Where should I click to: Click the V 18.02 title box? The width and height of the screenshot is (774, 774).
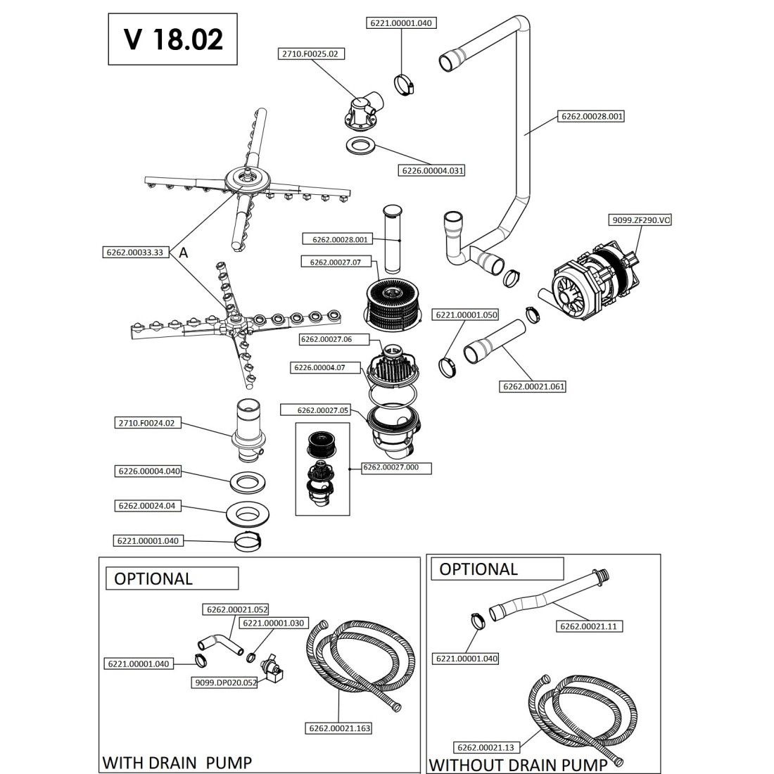pos(173,39)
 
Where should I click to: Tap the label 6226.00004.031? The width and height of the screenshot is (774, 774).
pos(433,170)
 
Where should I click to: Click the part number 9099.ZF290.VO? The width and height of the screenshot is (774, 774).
pos(638,220)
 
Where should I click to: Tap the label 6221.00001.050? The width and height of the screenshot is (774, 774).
pos(465,315)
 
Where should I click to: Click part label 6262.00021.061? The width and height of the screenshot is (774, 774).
pos(534,386)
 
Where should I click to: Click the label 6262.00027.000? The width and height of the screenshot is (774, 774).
pos(396,467)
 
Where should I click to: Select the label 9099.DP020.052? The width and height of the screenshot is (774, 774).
pos(224,683)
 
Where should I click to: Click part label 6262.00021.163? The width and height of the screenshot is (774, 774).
pos(339,729)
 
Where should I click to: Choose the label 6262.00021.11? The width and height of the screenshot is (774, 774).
pos(591,626)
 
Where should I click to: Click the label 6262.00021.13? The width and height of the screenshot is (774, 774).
pos(485,747)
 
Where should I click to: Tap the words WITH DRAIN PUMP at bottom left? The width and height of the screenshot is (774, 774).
pos(177,762)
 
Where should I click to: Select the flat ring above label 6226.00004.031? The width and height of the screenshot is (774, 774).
pos(361,147)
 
